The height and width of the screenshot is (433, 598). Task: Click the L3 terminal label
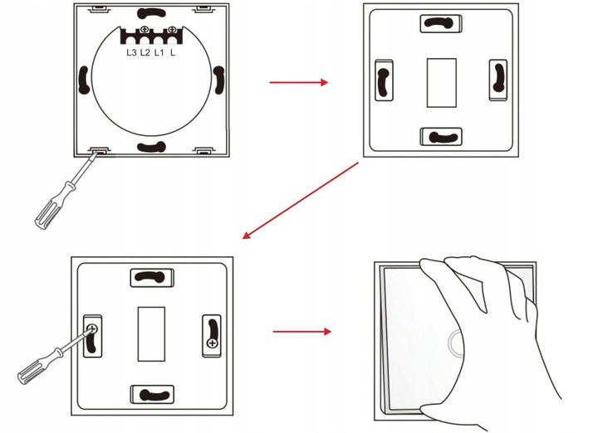click(131, 52)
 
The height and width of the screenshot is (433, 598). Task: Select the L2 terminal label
click(145, 52)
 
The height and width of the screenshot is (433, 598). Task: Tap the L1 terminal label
click(159, 52)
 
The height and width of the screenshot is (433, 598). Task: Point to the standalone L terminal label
click(173, 52)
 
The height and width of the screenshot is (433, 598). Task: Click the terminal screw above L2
click(145, 29)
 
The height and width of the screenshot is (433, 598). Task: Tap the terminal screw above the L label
click(172, 29)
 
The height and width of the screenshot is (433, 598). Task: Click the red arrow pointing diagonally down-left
click(300, 201)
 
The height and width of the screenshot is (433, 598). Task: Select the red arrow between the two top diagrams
click(299, 82)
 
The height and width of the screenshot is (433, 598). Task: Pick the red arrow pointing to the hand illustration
click(302, 332)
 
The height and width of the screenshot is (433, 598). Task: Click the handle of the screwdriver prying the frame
click(53, 207)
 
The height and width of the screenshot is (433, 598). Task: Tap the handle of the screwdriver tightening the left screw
click(37, 366)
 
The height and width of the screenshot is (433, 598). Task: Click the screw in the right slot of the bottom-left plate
click(212, 343)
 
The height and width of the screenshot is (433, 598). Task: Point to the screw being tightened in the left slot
click(92, 328)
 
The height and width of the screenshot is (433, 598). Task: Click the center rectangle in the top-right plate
click(442, 83)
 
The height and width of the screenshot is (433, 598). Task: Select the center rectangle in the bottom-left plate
click(151, 334)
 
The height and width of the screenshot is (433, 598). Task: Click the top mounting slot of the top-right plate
click(440, 23)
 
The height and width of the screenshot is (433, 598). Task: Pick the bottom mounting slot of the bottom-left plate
click(152, 395)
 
